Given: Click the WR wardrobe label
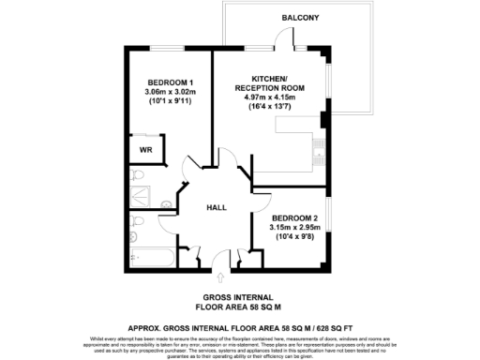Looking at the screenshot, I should [146, 149].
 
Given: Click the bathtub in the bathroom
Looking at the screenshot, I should [150, 251].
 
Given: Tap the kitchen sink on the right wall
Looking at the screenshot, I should [318, 145].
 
